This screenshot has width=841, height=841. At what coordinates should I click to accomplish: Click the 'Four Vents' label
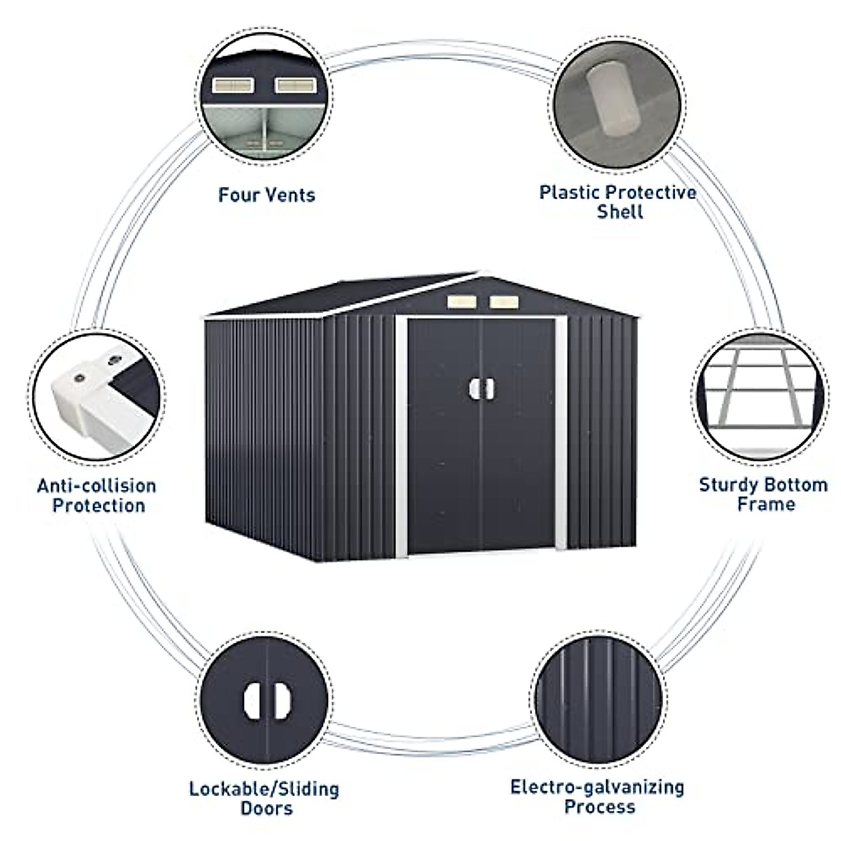pyautogui.click(x=266, y=194)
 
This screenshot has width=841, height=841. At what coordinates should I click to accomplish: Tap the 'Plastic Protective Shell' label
pyautogui.click(x=618, y=202)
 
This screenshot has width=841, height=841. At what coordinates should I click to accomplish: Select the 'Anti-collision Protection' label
pyautogui.click(x=97, y=495)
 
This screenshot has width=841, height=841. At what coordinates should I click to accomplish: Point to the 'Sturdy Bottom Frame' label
pyautogui.click(x=763, y=494)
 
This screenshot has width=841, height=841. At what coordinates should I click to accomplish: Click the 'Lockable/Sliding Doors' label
pyautogui.click(x=264, y=798)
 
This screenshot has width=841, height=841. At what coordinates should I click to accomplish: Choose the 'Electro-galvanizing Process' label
pyautogui.click(x=598, y=796)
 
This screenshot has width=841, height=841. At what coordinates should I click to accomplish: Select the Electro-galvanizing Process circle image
pyautogui.click(x=600, y=697)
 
